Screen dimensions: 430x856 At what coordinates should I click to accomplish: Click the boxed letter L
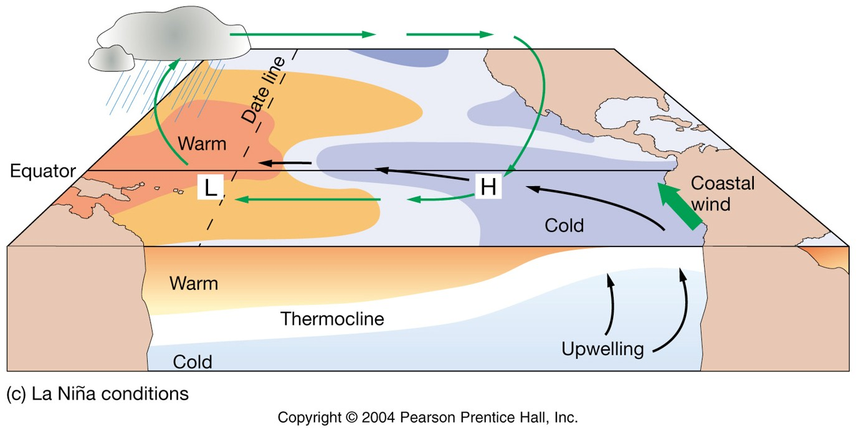coord(211,187)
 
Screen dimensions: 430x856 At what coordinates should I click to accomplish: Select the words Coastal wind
coord(722,193)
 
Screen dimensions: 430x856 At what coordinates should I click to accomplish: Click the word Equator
coord(42,171)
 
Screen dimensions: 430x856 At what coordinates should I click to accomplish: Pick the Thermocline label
coord(332,319)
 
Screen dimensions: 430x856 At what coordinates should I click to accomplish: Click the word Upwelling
coord(602,348)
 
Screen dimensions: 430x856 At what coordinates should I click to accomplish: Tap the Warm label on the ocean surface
coord(202,143)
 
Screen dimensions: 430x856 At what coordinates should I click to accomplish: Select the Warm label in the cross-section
coord(194,284)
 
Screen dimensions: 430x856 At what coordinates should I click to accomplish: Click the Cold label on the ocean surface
coord(564,225)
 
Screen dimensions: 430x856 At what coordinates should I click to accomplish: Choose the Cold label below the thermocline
coord(192,362)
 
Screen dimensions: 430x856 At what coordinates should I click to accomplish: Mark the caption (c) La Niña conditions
coord(97,394)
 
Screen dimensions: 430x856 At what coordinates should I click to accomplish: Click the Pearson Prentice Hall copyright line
coord(428,417)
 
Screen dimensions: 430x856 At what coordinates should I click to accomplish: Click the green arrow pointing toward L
coord(308,199)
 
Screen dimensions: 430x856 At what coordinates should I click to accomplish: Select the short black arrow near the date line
coord(285,163)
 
